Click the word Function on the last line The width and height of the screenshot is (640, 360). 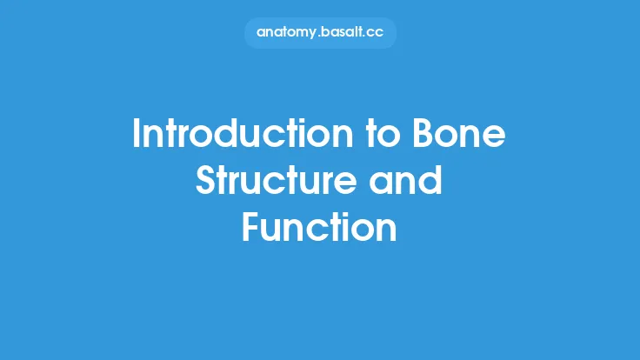coord(319,228)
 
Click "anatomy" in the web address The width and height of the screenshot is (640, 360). coord(289,33)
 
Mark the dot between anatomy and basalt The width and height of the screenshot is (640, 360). coord(321,37)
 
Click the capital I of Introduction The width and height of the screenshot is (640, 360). coord(137,135)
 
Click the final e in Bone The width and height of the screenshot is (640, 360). coord(497,137)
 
